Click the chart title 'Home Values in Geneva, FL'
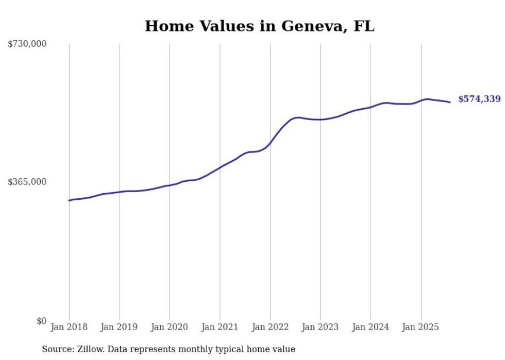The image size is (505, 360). tap(259, 26)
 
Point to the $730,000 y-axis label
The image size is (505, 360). tap(27, 44)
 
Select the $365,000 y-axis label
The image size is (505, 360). tap(27, 182)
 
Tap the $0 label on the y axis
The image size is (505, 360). tap(41, 321)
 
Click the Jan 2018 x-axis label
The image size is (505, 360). tap(69, 327)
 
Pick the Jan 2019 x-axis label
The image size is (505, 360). tap(120, 327)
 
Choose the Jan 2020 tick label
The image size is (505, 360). tap(170, 327)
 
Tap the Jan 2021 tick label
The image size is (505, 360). tap(220, 327)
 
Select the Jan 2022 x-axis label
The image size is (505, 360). tap(270, 327)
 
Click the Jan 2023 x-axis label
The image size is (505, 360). tap(320, 327)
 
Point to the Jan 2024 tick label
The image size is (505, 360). tap(371, 327)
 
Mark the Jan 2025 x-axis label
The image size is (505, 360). tap(421, 327)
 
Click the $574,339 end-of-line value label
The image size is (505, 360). tap(479, 99)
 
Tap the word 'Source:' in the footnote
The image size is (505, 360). tap(57, 349)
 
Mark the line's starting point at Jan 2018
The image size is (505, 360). tap(69, 200)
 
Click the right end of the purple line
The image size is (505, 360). tap(450, 102)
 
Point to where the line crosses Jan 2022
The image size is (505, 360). tap(270, 143)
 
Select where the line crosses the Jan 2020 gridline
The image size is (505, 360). tap(170, 185)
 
